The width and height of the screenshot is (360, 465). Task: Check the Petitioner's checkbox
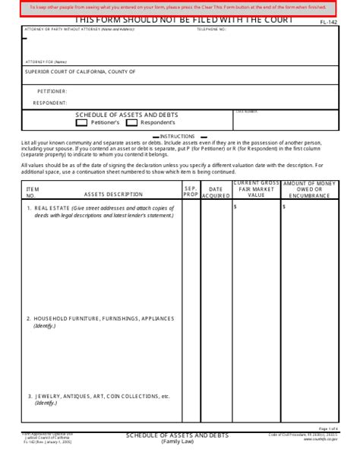[x=82, y=122]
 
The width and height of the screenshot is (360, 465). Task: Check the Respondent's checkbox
[x=131, y=122]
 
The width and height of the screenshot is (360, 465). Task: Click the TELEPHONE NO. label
[x=211, y=29]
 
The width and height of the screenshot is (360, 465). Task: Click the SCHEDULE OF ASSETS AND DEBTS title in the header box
[x=127, y=115]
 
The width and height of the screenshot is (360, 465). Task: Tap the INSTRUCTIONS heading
[x=180, y=135]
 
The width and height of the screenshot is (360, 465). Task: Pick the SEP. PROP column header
[x=191, y=191]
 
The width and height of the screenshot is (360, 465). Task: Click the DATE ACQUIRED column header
[x=216, y=191]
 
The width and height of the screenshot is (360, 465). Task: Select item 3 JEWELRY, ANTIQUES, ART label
[x=98, y=396]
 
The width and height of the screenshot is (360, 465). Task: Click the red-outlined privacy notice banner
[x=180, y=8]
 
